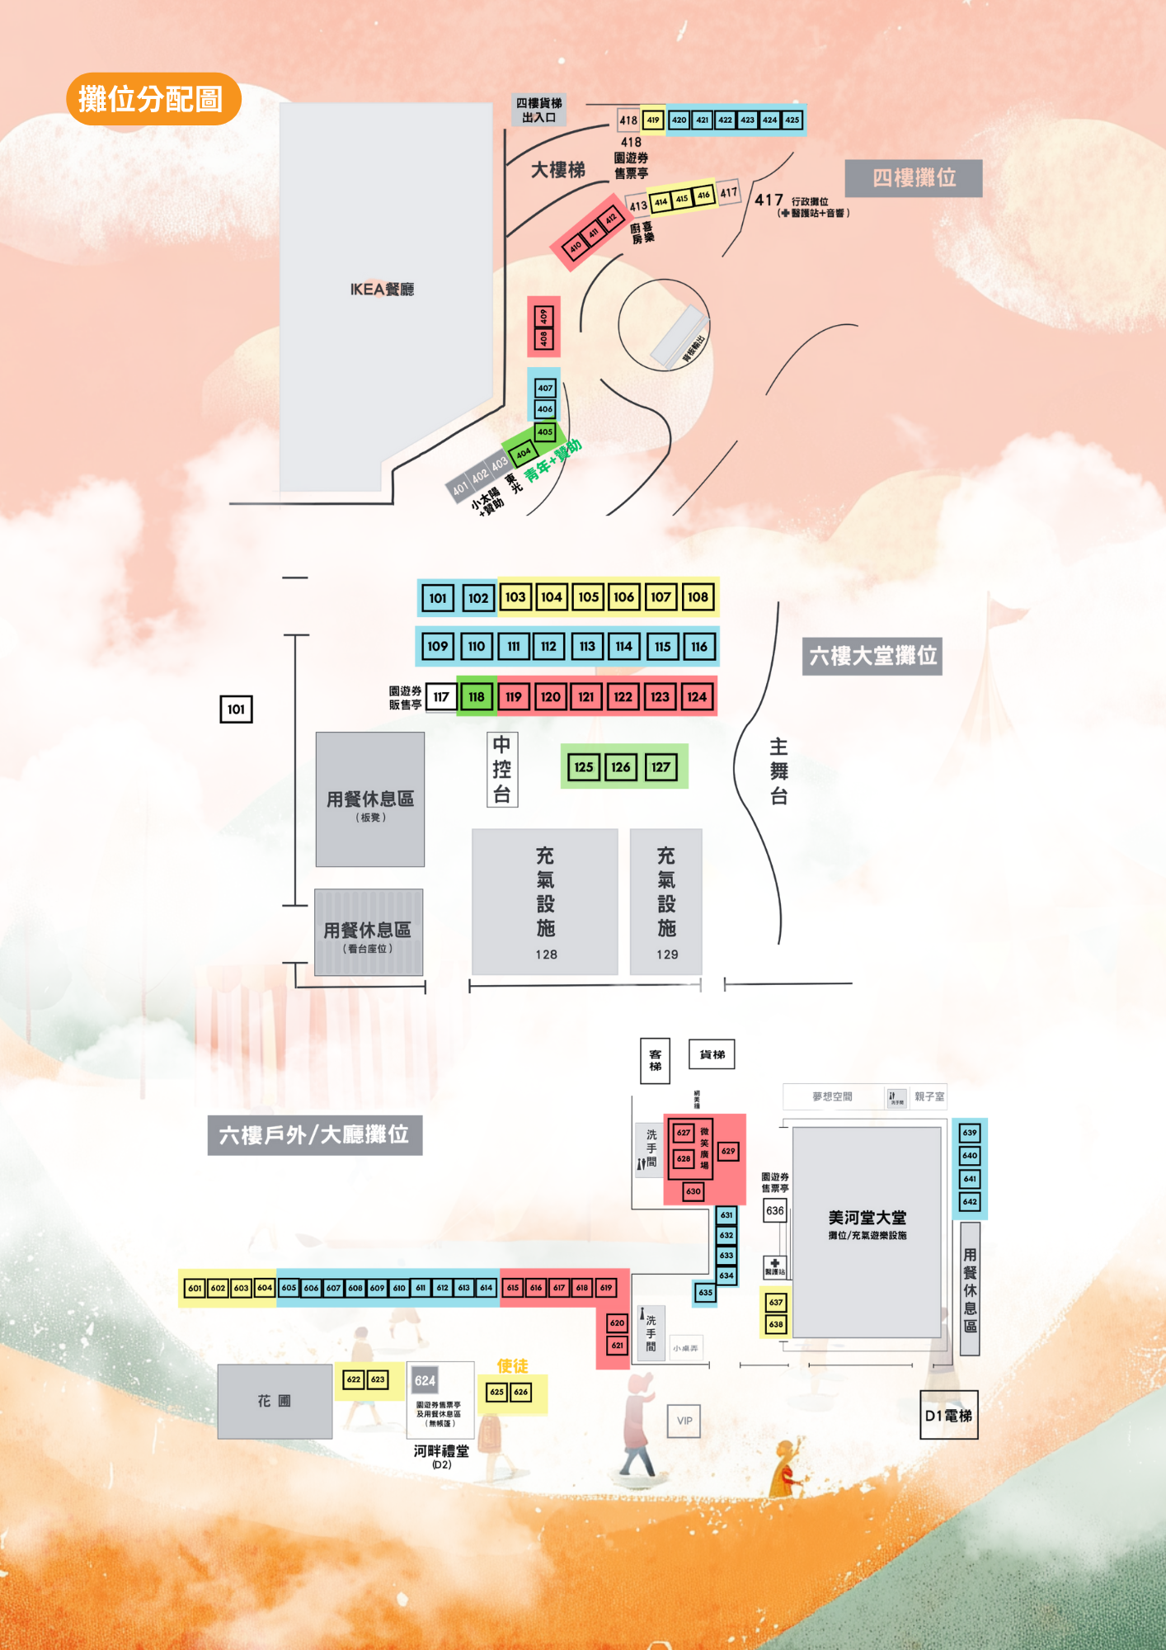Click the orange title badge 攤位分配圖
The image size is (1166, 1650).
pyautogui.click(x=153, y=99)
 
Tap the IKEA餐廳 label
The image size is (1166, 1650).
pyautogui.click(x=382, y=290)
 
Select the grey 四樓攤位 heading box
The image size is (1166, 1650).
pyautogui.click(x=914, y=178)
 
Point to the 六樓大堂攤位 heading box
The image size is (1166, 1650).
pyautogui.click(x=872, y=657)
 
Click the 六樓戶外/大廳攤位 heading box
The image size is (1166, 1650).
pyautogui.click(x=314, y=1135)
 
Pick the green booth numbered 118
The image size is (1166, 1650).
pyautogui.click(x=477, y=697)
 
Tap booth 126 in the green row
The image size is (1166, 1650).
pyautogui.click(x=621, y=767)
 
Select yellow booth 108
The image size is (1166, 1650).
pyautogui.click(x=698, y=597)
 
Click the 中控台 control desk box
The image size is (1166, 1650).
pyautogui.click(x=502, y=770)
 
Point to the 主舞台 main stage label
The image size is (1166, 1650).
pyautogui.click(x=778, y=771)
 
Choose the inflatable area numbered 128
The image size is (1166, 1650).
pyautogui.click(x=545, y=902)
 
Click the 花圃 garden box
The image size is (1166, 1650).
pyautogui.click(x=275, y=1401)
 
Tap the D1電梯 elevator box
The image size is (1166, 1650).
pyautogui.click(x=948, y=1416)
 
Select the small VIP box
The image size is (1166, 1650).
pyautogui.click(x=684, y=1421)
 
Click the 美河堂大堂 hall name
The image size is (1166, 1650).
pyautogui.click(x=867, y=1218)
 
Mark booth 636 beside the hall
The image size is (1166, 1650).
pyautogui.click(x=775, y=1211)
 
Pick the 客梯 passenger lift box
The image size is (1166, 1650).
pyautogui.click(x=656, y=1060)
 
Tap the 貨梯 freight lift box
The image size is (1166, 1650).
pyautogui.click(x=712, y=1054)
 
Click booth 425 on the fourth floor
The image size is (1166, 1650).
pyautogui.click(x=792, y=120)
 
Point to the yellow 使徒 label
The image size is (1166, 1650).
pyautogui.click(x=512, y=1366)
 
